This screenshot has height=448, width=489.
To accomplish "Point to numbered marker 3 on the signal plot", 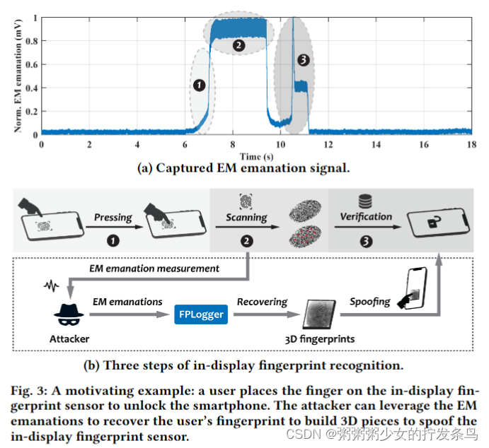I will coord(304,61).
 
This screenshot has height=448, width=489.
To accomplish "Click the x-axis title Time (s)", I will coord(255,155).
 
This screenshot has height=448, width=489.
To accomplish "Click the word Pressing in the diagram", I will coord(114,217).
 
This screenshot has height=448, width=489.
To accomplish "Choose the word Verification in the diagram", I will coord(365,216).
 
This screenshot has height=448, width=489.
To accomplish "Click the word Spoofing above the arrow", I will coord(369,301).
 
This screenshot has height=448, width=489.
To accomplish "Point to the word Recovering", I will coord(262,302).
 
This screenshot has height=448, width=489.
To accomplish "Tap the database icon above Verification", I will coord(365,201).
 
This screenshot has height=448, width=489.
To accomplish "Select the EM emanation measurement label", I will coord(154,268).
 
